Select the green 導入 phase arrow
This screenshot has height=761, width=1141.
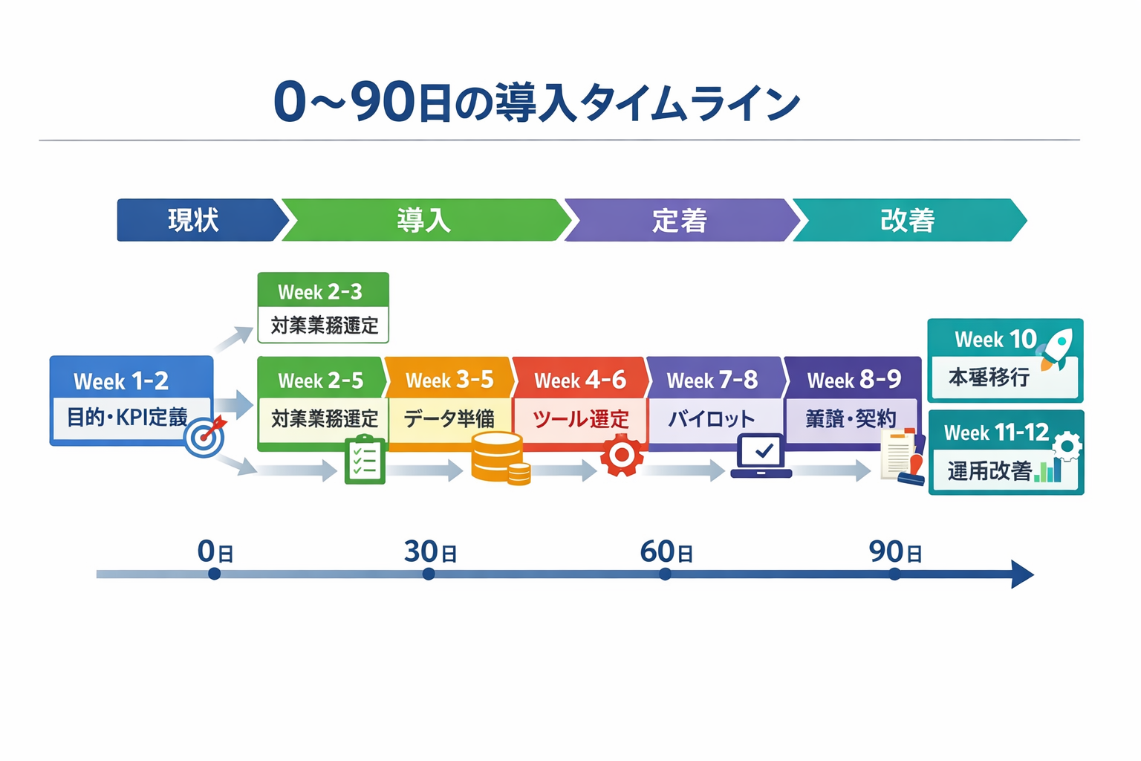(x=423, y=220)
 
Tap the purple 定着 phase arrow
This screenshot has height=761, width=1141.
(x=680, y=220)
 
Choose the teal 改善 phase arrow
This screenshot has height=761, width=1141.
(x=908, y=220)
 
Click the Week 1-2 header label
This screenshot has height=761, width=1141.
(x=121, y=381)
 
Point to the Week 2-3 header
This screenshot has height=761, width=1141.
(x=321, y=291)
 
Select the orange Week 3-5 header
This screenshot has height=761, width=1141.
(x=449, y=380)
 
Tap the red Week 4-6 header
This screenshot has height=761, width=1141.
(x=580, y=380)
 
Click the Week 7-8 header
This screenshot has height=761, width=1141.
(x=712, y=380)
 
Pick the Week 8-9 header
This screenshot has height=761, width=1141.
(x=854, y=380)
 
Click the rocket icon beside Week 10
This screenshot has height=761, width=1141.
(x=1058, y=348)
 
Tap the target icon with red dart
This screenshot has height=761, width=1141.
(x=205, y=436)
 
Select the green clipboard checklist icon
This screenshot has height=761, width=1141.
(x=365, y=460)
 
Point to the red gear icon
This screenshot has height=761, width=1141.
(x=622, y=456)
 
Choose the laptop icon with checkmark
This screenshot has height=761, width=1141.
(x=761, y=456)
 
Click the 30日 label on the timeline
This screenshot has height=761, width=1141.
(x=430, y=551)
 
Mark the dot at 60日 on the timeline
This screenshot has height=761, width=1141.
(x=665, y=574)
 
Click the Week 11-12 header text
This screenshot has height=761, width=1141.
(x=995, y=432)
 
